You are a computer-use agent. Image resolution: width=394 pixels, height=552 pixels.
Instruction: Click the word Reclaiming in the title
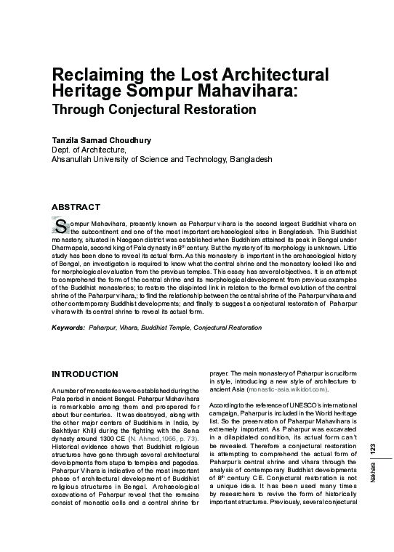coord(93,75)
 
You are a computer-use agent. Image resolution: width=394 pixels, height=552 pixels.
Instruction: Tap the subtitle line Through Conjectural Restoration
coord(153,110)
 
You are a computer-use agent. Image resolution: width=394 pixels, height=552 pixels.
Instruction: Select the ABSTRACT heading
coord(76,207)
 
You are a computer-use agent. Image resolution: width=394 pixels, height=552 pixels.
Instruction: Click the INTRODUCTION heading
coord(84,374)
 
